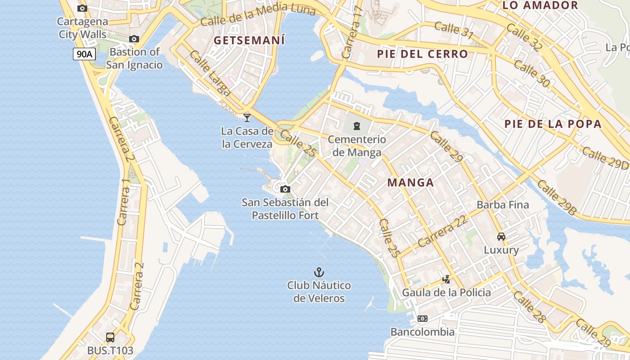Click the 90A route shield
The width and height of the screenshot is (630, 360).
click(84, 54)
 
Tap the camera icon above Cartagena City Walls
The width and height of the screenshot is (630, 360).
click(82, 8)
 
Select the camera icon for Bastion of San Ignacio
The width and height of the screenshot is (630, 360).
click(134, 39)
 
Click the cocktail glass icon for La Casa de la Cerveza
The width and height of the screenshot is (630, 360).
click(247, 118)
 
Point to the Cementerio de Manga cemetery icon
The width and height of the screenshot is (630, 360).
click(357, 126)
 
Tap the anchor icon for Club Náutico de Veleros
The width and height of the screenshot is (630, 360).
click(319, 272)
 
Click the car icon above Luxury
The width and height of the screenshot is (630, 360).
click(501, 237)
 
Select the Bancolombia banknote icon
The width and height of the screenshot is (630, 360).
click(422, 319)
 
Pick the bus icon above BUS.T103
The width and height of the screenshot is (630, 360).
click(110, 337)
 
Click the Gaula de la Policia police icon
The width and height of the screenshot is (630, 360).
click(446, 279)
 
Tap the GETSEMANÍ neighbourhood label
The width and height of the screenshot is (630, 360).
click(249, 40)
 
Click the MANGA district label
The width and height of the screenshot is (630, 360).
click(410, 182)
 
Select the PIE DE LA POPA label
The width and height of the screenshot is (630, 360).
click(553, 124)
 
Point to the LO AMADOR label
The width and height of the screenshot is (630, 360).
click(540, 5)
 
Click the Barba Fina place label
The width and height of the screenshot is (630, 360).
click(503, 205)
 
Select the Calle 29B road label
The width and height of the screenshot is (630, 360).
click(557, 197)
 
